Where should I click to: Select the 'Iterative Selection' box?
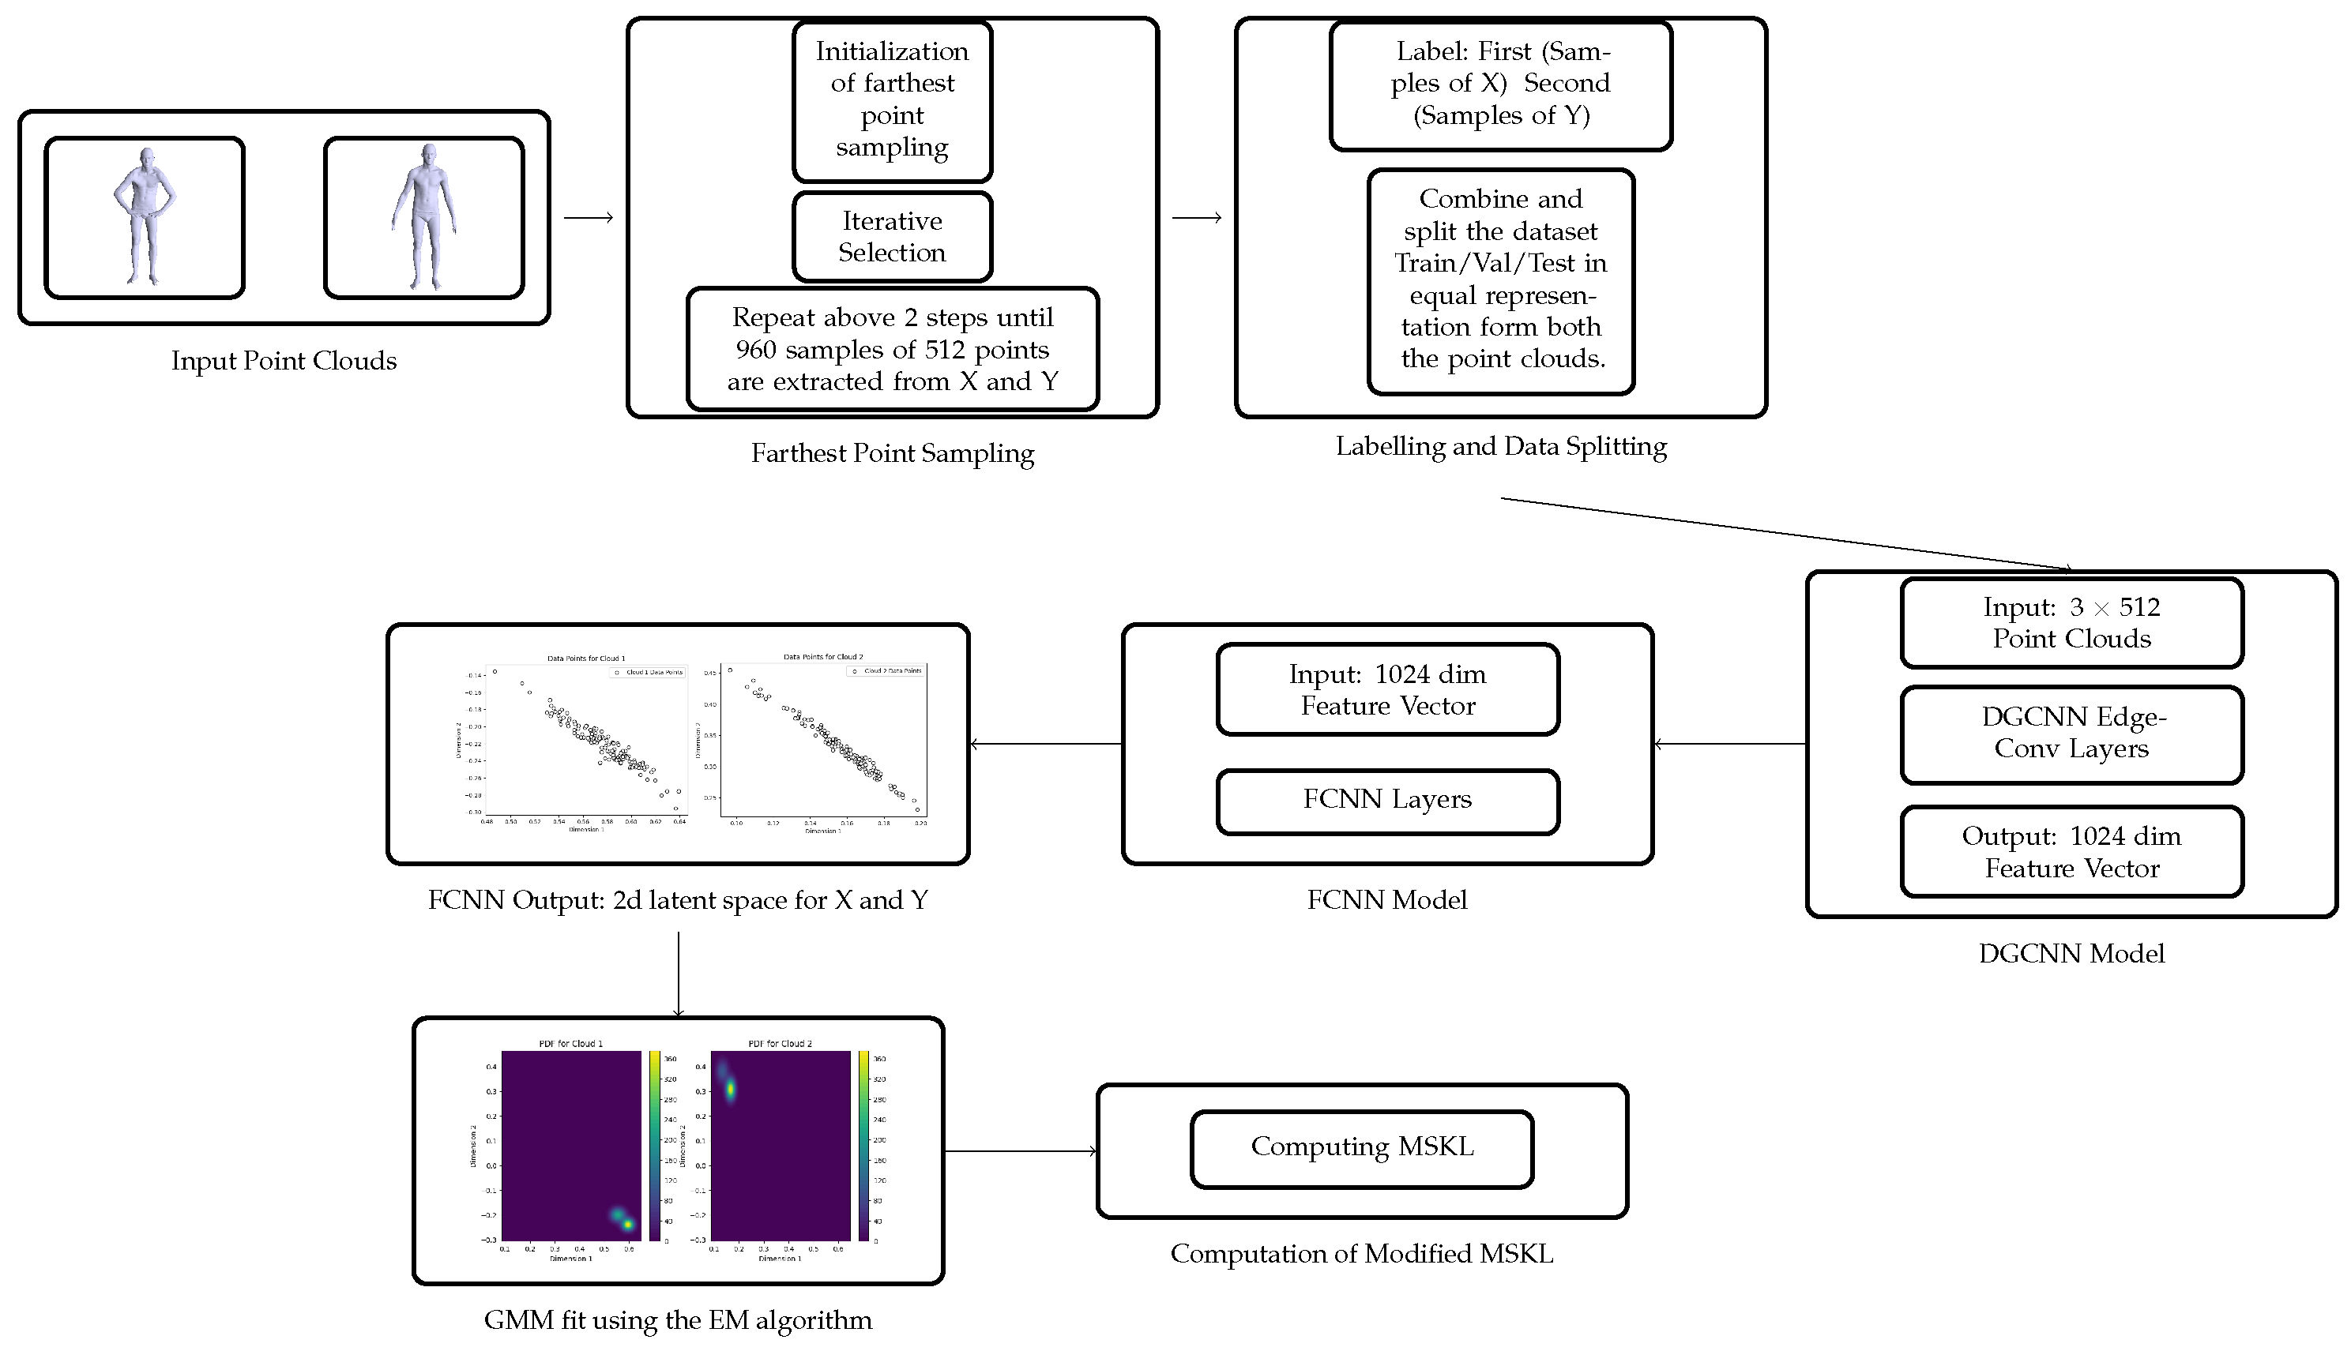892,237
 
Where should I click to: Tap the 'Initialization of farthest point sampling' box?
892,100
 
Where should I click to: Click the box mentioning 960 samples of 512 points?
892,349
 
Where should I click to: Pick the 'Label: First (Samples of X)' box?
1501,84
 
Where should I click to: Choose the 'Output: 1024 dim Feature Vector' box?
2071,852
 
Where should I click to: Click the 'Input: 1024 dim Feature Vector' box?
1386,689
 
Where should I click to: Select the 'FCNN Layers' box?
1386,800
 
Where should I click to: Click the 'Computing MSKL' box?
1362,1148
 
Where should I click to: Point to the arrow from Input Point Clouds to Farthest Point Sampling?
589,218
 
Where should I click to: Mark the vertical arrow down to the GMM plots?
679,974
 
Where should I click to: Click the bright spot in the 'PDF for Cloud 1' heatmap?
627,1224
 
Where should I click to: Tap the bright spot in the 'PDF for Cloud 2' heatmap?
732,1088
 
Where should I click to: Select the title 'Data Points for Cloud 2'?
822,657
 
